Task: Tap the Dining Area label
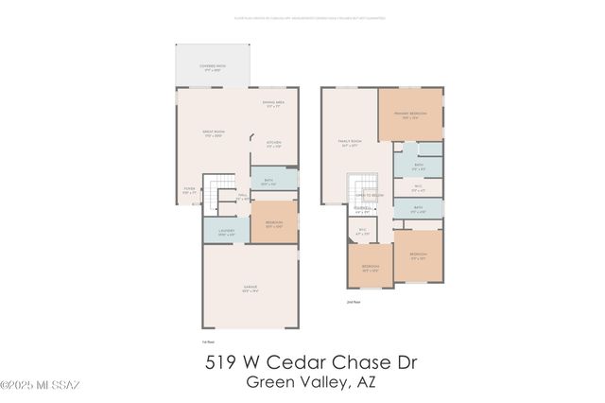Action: tap(273, 104)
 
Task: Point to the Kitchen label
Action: tap(274, 145)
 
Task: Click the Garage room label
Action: tap(248, 289)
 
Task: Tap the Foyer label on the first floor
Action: tap(190, 190)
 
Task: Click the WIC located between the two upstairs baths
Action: tap(418, 188)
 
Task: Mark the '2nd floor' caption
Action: tap(354, 302)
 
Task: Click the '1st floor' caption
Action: tap(208, 342)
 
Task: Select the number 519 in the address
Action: tap(223, 363)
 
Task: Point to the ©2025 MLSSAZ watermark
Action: tap(40, 385)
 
